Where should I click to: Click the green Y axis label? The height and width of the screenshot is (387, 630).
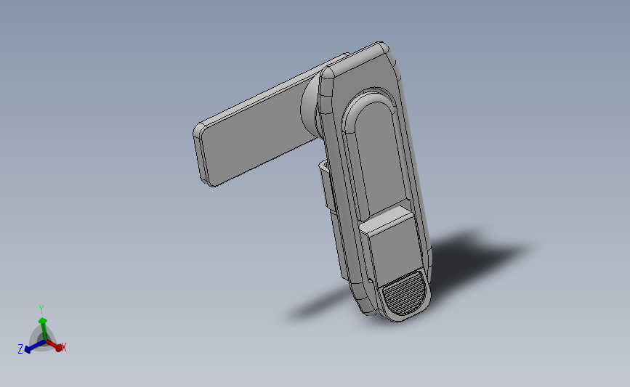41,309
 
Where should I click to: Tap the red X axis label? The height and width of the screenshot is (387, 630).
64,348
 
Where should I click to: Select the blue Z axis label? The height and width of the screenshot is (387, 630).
20,350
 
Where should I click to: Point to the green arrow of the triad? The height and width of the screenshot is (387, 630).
42,322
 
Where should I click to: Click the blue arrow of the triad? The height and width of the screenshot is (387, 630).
29,348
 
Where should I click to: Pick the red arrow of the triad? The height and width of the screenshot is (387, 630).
57,347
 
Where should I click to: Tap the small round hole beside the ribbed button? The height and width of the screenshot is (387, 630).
371,280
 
